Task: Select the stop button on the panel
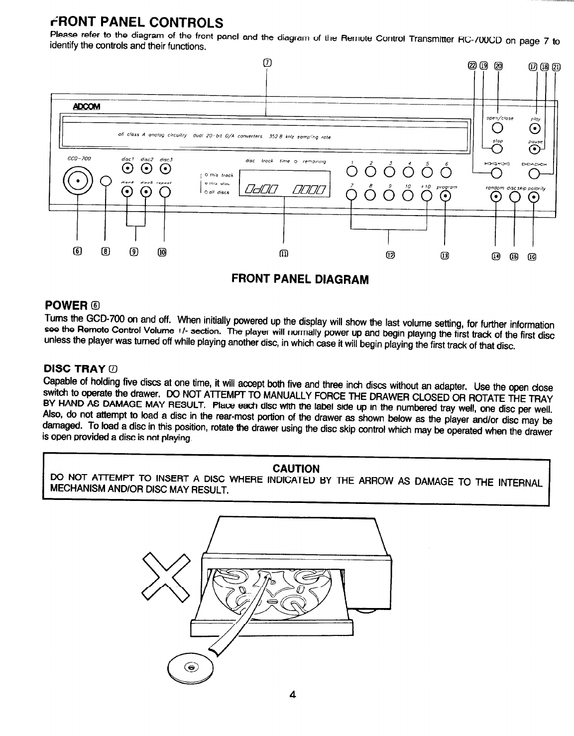click(495, 149)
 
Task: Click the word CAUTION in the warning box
click(296, 469)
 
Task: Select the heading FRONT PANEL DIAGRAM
click(300, 279)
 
